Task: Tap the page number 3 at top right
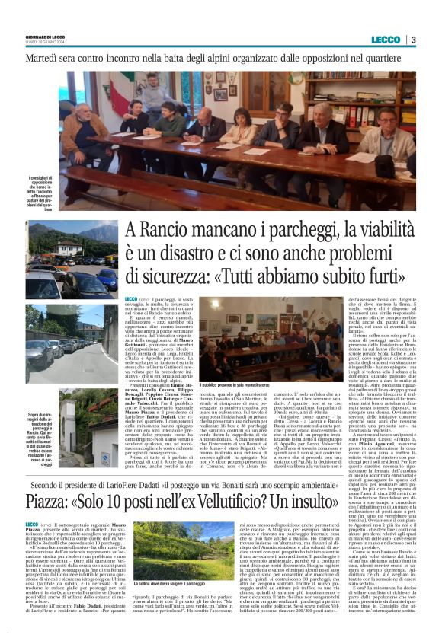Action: (412, 40)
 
